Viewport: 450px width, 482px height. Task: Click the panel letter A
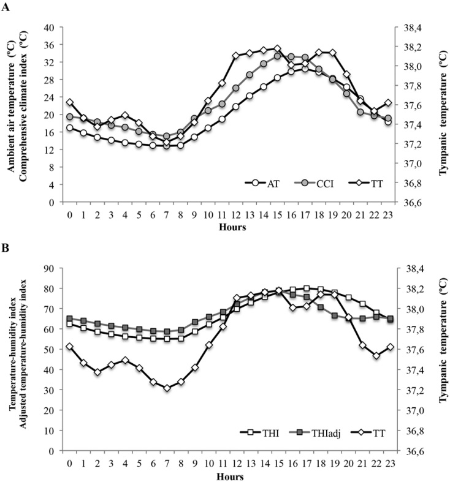point(6,7)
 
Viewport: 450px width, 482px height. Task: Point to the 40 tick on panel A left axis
point(50,28)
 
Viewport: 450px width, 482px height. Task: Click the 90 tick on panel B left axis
point(50,268)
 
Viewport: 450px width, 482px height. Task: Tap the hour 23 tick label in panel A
point(388,213)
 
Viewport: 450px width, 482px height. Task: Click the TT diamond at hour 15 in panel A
point(277,48)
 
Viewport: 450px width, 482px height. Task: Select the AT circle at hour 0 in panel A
point(69,128)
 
